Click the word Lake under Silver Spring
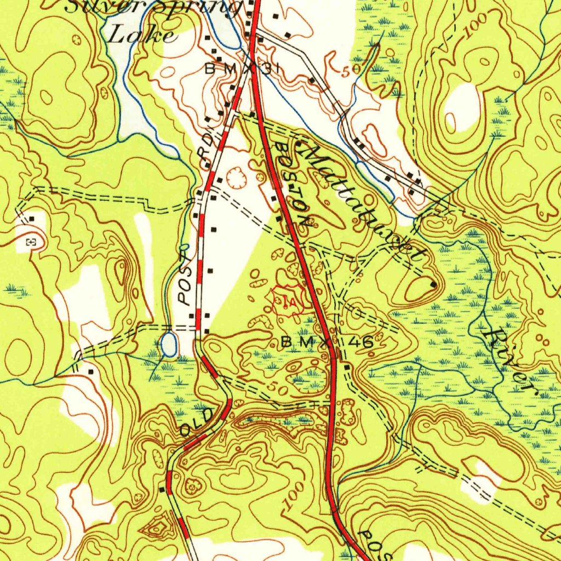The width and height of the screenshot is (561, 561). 141,35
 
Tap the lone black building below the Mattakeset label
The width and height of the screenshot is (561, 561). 433,284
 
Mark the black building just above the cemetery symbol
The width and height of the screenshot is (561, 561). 32,219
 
